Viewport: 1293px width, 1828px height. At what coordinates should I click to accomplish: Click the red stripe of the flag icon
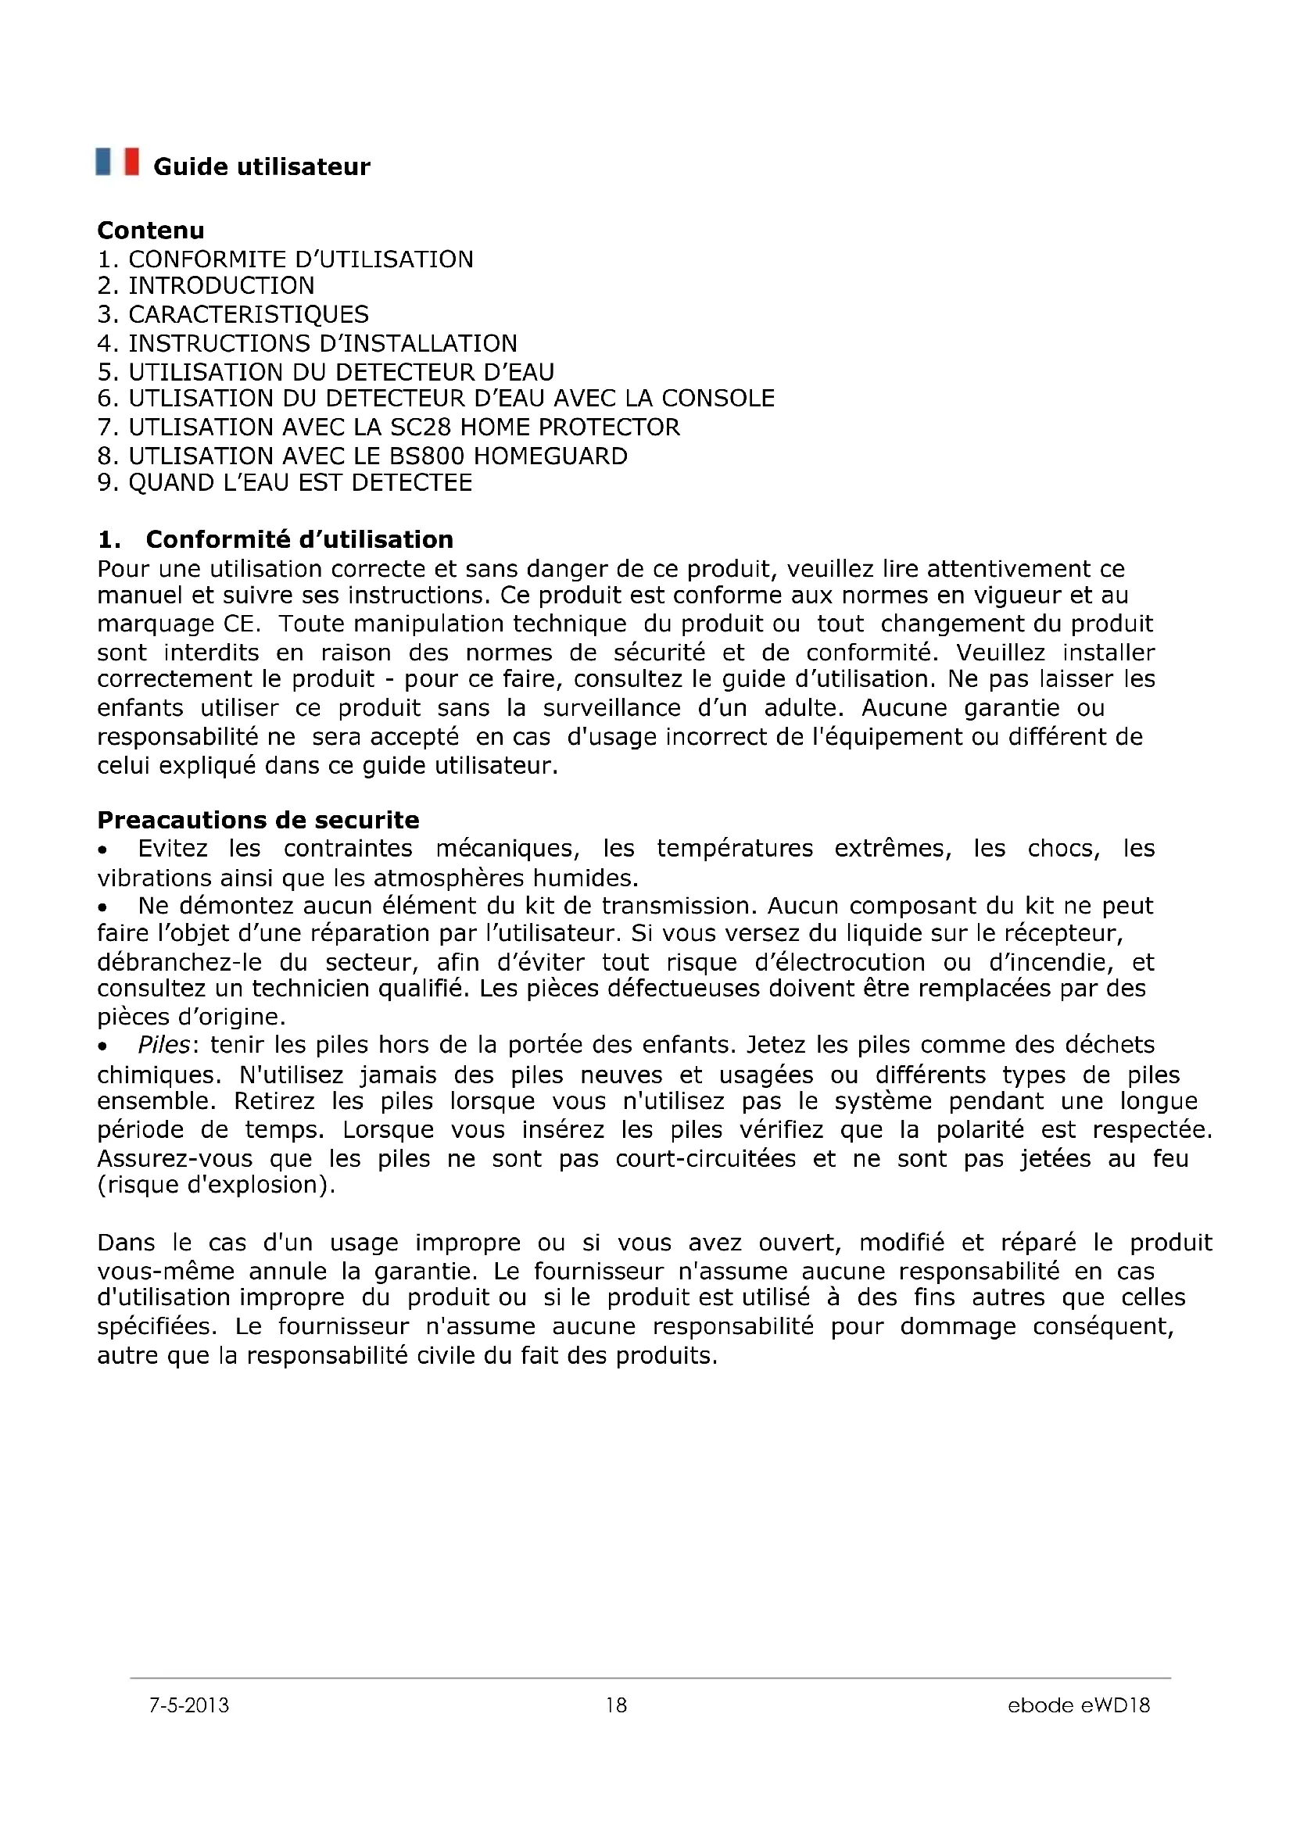pyautogui.click(x=131, y=162)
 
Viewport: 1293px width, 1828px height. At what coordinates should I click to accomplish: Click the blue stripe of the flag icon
pyautogui.click(x=103, y=162)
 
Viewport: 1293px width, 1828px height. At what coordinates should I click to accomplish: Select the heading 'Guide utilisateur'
pyautogui.click(x=261, y=167)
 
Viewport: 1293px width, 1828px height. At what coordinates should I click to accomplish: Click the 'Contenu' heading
pyautogui.click(x=150, y=231)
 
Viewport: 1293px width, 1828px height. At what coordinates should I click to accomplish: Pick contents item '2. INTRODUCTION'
pyautogui.click(x=206, y=286)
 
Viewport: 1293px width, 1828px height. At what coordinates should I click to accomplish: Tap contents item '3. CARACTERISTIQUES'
pyautogui.click(x=232, y=314)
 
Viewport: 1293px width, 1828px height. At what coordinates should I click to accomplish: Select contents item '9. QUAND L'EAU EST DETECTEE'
pyautogui.click(x=285, y=483)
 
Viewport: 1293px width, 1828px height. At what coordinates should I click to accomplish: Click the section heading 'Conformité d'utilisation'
pyautogui.click(x=299, y=540)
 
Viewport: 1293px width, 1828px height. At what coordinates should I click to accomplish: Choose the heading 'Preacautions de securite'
pyautogui.click(x=258, y=820)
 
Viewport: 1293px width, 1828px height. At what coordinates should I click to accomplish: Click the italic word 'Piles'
pyautogui.click(x=164, y=1045)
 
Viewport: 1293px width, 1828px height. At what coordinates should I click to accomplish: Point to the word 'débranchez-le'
pyautogui.click(x=179, y=963)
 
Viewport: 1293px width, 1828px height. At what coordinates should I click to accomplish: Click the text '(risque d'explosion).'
pyautogui.click(x=217, y=1186)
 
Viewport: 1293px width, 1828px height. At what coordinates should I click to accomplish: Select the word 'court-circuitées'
pyautogui.click(x=705, y=1158)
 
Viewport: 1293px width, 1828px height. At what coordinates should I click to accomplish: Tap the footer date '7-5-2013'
pyautogui.click(x=188, y=1705)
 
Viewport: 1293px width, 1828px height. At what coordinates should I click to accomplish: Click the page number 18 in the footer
pyautogui.click(x=616, y=1705)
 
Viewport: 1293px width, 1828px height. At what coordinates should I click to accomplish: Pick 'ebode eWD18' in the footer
pyautogui.click(x=1079, y=1705)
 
